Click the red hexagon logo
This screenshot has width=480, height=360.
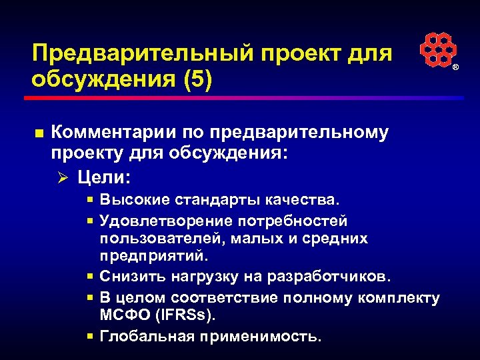pyautogui.click(x=437, y=50)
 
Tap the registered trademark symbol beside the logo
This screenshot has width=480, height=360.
pyautogui.click(x=456, y=68)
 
